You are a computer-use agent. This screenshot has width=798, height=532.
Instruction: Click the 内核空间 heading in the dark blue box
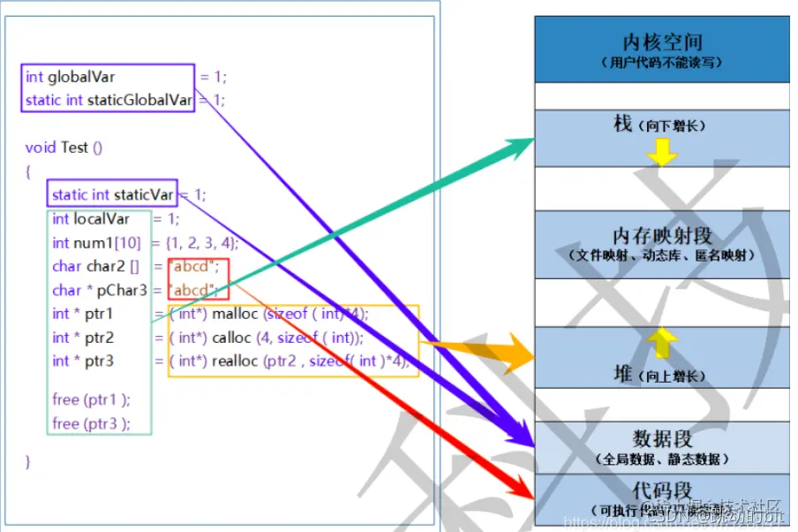pyautogui.click(x=662, y=42)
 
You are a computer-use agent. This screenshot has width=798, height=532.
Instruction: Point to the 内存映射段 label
pyautogui.click(x=662, y=236)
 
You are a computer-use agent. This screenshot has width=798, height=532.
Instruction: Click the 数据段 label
pyautogui.click(x=662, y=438)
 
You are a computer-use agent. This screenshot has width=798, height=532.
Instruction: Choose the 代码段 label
pyautogui.click(x=662, y=490)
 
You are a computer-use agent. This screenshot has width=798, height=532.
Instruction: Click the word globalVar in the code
pyautogui.click(x=81, y=77)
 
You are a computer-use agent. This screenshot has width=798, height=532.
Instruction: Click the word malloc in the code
pyautogui.click(x=235, y=314)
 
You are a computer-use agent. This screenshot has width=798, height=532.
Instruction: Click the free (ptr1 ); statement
pyautogui.click(x=91, y=399)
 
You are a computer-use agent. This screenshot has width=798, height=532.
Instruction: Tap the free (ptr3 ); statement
pyautogui.click(x=91, y=423)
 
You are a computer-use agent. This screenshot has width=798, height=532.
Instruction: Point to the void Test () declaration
pyautogui.click(x=64, y=148)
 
